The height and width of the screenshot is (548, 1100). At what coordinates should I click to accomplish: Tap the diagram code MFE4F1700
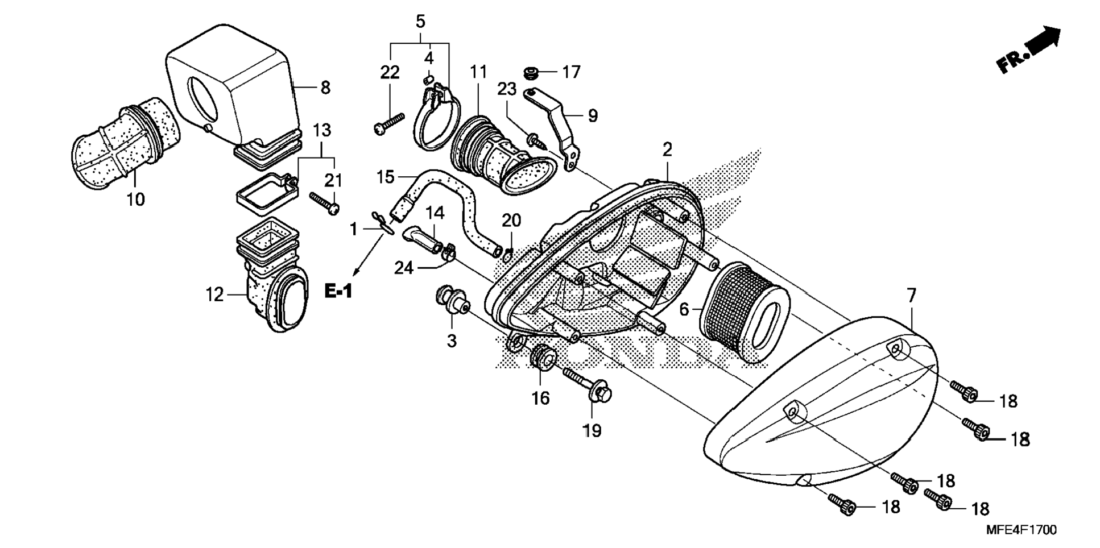click(1021, 530)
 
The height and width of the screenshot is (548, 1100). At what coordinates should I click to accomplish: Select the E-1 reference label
click(338, 292)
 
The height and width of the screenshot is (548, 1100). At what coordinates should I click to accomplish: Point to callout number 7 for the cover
click(911, 295)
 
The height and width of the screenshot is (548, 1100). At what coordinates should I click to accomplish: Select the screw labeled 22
click(390, 123)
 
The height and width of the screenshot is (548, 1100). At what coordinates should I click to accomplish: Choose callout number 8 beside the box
click(325, 88)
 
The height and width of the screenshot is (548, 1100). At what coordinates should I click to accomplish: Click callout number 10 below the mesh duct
click(136, 199)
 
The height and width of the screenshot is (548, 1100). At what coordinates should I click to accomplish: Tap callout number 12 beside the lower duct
click(214, 294)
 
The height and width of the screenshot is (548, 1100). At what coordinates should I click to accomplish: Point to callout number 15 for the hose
click(385, 177)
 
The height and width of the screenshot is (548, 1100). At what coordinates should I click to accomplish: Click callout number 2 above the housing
click(667, 150)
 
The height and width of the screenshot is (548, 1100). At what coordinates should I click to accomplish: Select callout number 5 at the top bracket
click(420, 22)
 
